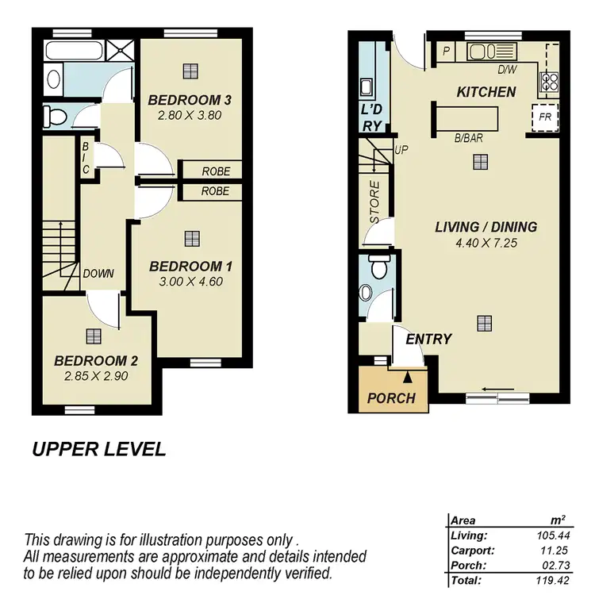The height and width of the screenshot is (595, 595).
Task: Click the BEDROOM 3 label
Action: coord(190,100)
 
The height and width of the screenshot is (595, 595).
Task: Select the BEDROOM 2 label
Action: coord(96,361)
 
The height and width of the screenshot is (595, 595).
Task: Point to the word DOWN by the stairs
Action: coord(98,274)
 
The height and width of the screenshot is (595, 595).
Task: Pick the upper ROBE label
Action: coord(215,171)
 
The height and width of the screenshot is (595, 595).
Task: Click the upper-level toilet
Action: coord(56,117)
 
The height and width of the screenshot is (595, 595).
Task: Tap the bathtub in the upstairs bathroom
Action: coord(74,52)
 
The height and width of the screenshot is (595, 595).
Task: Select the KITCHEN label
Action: coord(486,92)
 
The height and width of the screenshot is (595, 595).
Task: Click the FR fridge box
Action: coord(545,116)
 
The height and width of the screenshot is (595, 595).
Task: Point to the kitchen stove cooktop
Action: coord(549,80)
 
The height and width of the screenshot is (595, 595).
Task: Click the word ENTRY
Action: coord(428,340)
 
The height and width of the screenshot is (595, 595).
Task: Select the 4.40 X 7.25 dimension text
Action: coord(486,244)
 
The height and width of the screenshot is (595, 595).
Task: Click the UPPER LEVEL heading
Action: coord(99,450)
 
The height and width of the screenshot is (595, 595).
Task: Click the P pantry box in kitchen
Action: coord(446,52)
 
